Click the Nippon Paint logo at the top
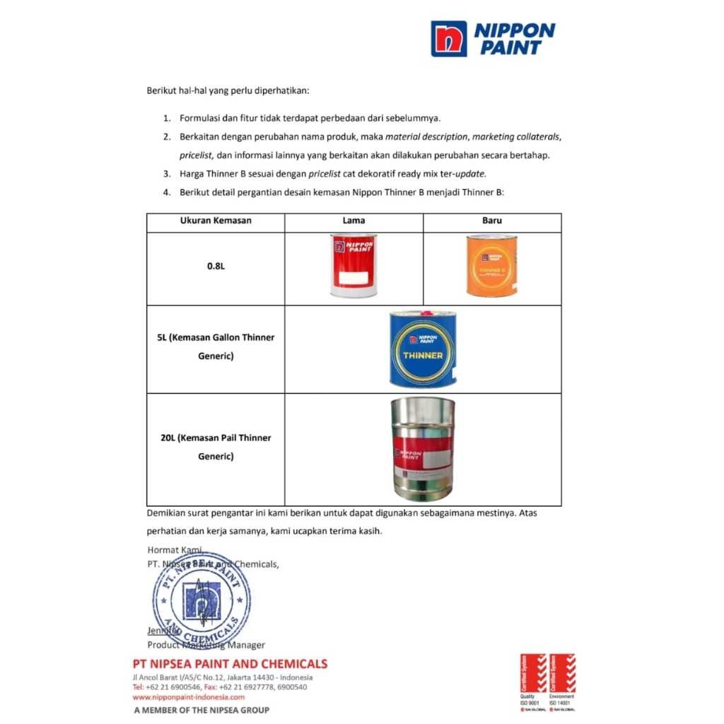(x=493, y=38)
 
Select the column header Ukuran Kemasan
(x=216, y=221)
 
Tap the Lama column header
(x=354, y=221)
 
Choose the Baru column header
(x=492, y=221)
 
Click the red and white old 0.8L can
(x=354, y=265)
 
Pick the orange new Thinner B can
(x=491, y=265)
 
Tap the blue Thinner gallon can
(x=423, y=349)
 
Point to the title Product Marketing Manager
(x=206, y=645)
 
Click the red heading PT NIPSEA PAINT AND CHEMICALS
(x=230, y=664)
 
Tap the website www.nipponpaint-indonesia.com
(x=183, y=697)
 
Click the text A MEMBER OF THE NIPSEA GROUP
(x=202, y=710)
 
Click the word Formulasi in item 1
(x=202, y=118)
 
